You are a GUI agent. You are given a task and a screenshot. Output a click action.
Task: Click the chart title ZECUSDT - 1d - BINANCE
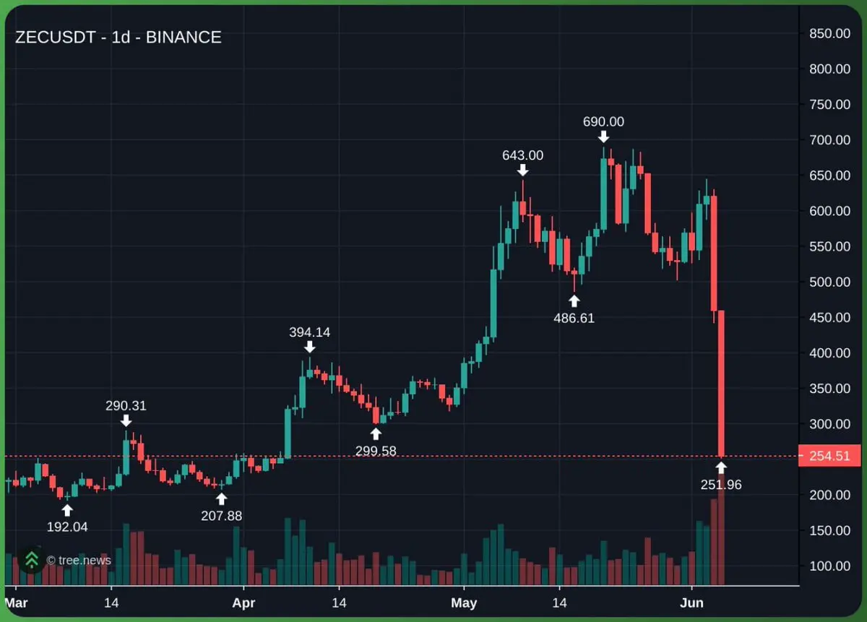click(118, 38)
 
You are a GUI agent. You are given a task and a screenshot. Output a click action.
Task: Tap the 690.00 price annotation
click(603, 121)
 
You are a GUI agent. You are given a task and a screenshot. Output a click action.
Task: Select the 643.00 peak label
click(522, 155)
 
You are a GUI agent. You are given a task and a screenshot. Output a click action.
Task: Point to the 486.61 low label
click(574, 318)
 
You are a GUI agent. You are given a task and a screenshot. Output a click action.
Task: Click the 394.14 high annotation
click(310, 332)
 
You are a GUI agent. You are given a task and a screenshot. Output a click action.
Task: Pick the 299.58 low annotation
click(376, 451)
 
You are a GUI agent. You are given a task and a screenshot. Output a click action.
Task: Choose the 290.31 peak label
click(126, 405)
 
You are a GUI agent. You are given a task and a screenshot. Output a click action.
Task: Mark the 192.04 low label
click(67, 527)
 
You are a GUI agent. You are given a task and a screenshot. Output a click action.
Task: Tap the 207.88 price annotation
click(221, 516)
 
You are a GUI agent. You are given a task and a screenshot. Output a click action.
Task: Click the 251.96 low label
click(721, 485)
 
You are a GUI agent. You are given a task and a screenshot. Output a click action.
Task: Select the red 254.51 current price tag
click(829, 456)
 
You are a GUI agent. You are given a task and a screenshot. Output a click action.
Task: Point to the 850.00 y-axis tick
click(829, 34)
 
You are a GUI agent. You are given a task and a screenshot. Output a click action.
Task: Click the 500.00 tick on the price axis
click(829, 282)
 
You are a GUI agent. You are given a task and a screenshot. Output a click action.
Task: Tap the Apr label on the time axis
click(243, 602)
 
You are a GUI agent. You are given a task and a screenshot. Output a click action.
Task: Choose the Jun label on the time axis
click(691, 602)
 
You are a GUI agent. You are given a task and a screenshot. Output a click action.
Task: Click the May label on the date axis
click(464, 602)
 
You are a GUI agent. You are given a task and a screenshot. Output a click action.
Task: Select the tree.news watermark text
click(79, 560)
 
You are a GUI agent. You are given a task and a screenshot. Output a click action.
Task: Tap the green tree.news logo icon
click(32, 560)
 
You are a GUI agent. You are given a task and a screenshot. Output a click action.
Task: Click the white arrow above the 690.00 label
click(603, 137)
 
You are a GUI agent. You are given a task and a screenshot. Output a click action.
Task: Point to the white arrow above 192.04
click(67, 511)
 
